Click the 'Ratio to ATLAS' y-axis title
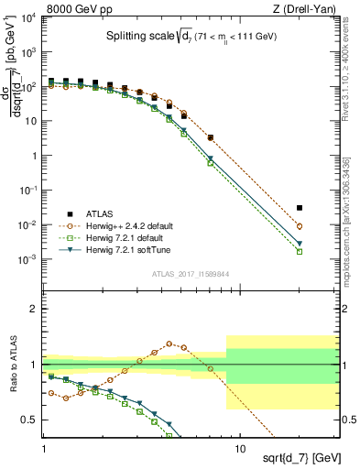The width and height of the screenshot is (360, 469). (12, 364)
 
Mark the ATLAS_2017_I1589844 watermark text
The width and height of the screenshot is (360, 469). (191, 272)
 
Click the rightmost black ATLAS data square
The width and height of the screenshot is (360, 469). (325, 208)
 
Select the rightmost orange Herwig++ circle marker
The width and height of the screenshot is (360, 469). (325, 226)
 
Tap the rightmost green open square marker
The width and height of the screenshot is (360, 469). (325, 251)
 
